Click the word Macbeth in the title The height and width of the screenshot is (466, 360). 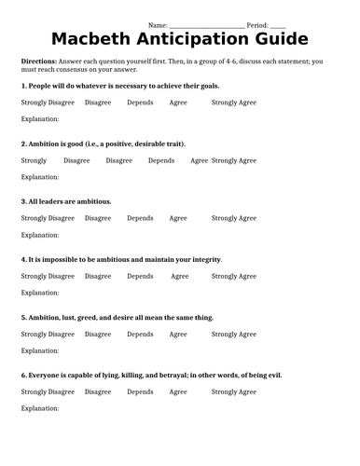[93, 38]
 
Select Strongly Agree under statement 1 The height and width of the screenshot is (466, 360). [233, 103]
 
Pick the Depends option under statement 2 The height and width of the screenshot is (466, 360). [161, 160]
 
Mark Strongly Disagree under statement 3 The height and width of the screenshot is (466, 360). [48, 218]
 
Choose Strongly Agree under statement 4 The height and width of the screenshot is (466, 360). [233, 276]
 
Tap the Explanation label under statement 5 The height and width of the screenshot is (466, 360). [40, 350]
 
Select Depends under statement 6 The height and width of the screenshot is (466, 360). [140, 391]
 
